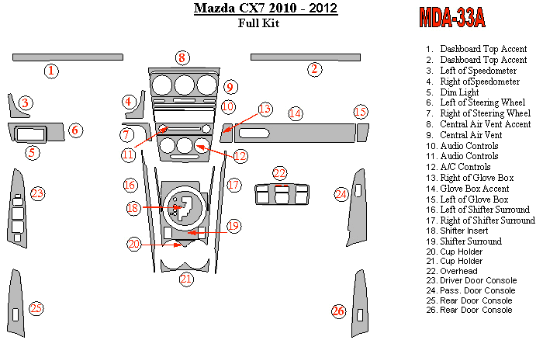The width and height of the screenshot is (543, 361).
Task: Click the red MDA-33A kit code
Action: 452,17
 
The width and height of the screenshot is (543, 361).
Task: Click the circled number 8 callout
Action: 182,58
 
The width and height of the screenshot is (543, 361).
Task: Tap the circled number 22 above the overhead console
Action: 279,173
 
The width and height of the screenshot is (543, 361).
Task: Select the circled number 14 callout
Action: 296,113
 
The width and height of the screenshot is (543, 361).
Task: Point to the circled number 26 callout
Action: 338,311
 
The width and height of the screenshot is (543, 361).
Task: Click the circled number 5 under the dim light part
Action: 33,152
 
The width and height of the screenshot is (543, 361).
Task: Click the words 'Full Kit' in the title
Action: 258,23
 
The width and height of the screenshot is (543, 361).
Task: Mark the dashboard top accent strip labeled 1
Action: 68,57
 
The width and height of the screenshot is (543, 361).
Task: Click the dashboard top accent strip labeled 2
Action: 306,57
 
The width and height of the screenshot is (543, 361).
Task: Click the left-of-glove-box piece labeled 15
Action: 362,133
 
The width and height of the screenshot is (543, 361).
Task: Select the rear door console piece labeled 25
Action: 16,303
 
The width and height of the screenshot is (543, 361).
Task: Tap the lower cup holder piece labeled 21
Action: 185,266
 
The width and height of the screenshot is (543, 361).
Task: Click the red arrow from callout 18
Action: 162,207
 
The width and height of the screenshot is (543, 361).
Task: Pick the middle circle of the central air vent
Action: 185,85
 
